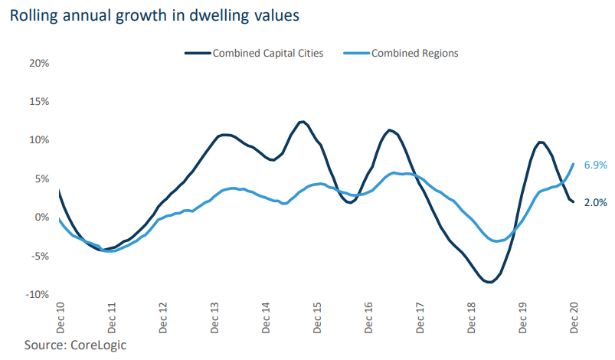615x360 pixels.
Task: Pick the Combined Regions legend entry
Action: (x=414, y=54)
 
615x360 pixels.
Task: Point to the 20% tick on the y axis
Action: (x=39, y=63)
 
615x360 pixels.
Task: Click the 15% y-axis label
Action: (x=39, y=102)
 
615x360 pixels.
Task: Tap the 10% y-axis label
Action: (x=39, y=140)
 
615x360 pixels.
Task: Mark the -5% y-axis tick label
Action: (x=40, y=256)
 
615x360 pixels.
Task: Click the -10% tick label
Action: (x=38, y=295)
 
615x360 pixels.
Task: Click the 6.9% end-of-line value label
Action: (x=595, y=165)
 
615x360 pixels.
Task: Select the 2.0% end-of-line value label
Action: (x=595, y=203)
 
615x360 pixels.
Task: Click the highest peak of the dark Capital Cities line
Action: (x=302, y=122)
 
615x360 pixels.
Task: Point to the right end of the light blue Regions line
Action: (x=574, y=164)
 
